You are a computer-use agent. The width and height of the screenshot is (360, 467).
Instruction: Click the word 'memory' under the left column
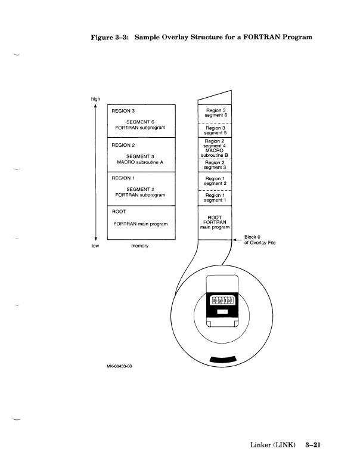tap(139, 245)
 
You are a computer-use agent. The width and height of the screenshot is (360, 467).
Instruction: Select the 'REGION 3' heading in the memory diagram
tap(124, 110)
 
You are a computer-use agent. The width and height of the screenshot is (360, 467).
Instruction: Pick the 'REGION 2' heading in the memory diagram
tap(124, 145)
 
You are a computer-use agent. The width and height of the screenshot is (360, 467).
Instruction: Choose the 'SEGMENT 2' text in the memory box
tap(139, 189)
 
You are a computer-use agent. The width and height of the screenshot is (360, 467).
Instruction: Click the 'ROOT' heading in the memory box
tap(119, 211)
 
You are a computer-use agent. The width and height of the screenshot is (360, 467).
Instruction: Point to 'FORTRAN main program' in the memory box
tap(141, 224)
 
